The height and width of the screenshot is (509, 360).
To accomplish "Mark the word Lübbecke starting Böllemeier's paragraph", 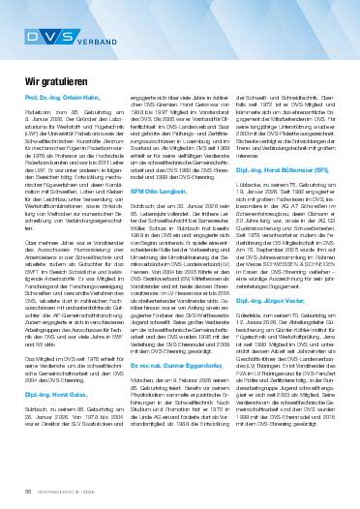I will [259, 208].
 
